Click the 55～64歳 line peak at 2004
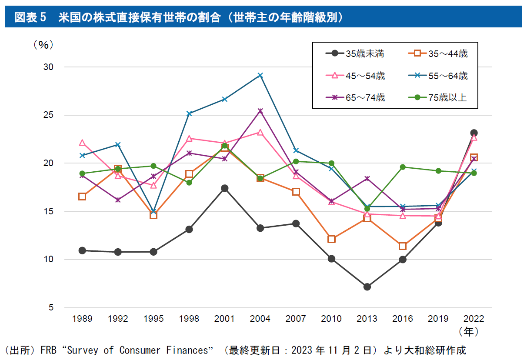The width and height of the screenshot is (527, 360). (260, 75)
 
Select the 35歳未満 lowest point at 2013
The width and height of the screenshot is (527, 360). (367, 287)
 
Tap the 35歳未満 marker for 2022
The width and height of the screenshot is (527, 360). (474, 133)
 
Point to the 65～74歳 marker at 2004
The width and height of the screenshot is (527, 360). (260, 111)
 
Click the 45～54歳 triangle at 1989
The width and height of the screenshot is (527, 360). (82, 143)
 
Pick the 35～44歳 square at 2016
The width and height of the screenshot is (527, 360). (403, 246)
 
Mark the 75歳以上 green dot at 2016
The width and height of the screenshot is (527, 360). (403, 167)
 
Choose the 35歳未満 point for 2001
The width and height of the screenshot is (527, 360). (225, 188)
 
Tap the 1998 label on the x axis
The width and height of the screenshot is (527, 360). (189, 319)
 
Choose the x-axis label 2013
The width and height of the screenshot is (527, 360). (367, 319)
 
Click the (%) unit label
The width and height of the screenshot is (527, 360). (43, 45)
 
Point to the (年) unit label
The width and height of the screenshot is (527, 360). (469, 331)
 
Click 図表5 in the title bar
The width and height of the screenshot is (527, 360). (30, 17)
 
